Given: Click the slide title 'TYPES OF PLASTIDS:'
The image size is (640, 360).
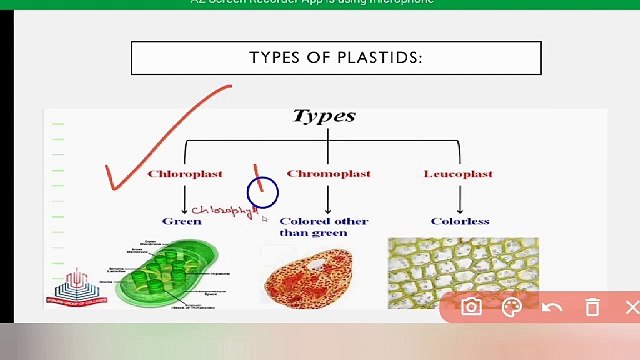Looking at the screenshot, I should (336, 57).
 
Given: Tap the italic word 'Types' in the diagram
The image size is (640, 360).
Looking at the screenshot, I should (324, 116).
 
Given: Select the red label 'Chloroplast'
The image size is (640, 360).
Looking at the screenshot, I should (185, 174).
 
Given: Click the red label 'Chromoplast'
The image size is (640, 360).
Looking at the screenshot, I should (328, 174).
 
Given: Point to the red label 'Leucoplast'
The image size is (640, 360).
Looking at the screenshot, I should (458, 174).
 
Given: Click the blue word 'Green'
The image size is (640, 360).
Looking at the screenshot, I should (181, 221).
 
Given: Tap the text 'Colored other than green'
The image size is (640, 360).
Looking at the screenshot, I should (323, 227).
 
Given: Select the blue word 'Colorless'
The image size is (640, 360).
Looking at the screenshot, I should (460, 221).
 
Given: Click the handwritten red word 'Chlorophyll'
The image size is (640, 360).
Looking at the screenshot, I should (225, 211).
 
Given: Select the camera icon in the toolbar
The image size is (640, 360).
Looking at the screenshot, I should (471, 308).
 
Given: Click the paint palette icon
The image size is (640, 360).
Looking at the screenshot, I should (511, 308).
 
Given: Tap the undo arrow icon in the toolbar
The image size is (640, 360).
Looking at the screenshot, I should (551, 308).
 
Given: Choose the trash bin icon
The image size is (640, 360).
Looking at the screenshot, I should (592, 308).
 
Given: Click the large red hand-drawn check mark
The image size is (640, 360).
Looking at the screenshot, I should (160, 140).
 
